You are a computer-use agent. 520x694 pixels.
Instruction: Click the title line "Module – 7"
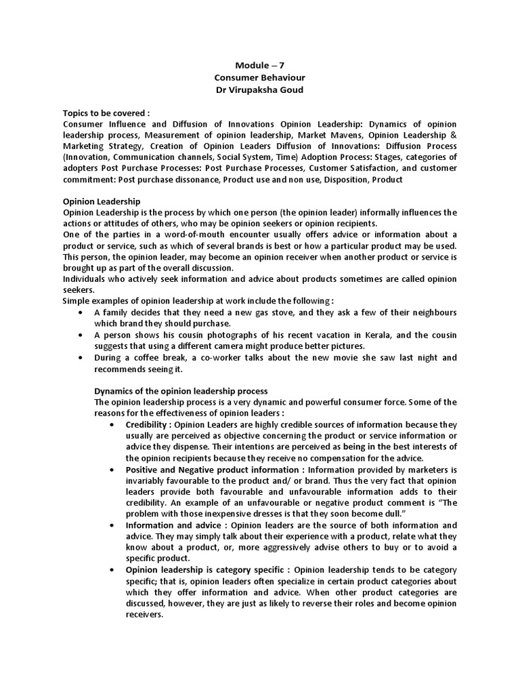pos(260,66)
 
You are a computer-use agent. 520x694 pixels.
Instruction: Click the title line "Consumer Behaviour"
pos(260,78)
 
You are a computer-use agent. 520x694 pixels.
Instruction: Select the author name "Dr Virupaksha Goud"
pos(260,90)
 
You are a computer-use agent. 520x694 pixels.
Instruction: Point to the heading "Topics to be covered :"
pos(106,113)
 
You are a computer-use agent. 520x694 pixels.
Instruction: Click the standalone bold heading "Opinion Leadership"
pos(102,201)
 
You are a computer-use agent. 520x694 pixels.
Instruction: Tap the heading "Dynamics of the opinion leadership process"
pos(181,391)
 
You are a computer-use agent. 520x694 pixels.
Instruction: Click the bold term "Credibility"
pos(146,424)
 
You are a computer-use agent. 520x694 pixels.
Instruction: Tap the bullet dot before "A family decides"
pos(81,312)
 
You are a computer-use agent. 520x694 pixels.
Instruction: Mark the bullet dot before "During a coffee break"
pos(81,357)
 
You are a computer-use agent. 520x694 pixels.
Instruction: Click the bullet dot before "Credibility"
pos(112,424)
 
